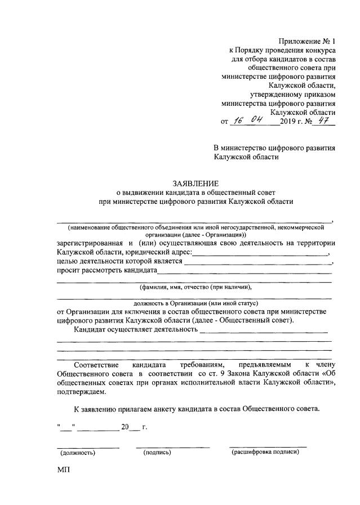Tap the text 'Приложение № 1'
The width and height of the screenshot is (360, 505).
pyautogui.click(x=307, y=42)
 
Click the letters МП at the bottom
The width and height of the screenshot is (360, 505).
pyautogui.click(x=63, y=469)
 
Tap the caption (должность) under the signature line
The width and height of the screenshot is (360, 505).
pyautogui.click(x=78, y=452)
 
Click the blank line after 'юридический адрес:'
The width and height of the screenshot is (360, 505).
pyautogui.click(x=261, y=254)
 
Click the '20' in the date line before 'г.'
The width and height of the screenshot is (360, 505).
pyautogui.click(x=125, y=427)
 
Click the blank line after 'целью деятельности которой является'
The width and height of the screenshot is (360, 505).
pyautogui.click(x=257, y=262)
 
